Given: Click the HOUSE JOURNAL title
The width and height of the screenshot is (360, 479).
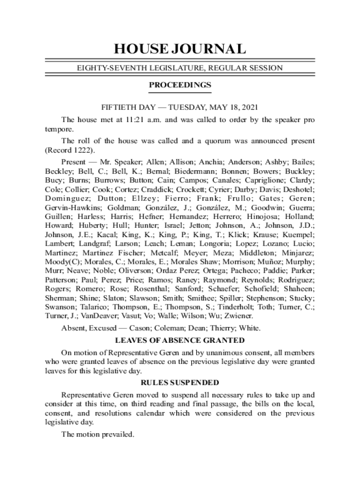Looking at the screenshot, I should coord(180,49).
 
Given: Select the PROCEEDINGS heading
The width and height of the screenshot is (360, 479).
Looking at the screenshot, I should coord(180,85).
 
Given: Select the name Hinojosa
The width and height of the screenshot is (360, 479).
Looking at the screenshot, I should coord(269,217).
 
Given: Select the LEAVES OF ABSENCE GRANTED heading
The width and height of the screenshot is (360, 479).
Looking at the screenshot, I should coord(180,340).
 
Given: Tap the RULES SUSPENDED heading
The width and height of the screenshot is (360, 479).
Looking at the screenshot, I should coord(180,383).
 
